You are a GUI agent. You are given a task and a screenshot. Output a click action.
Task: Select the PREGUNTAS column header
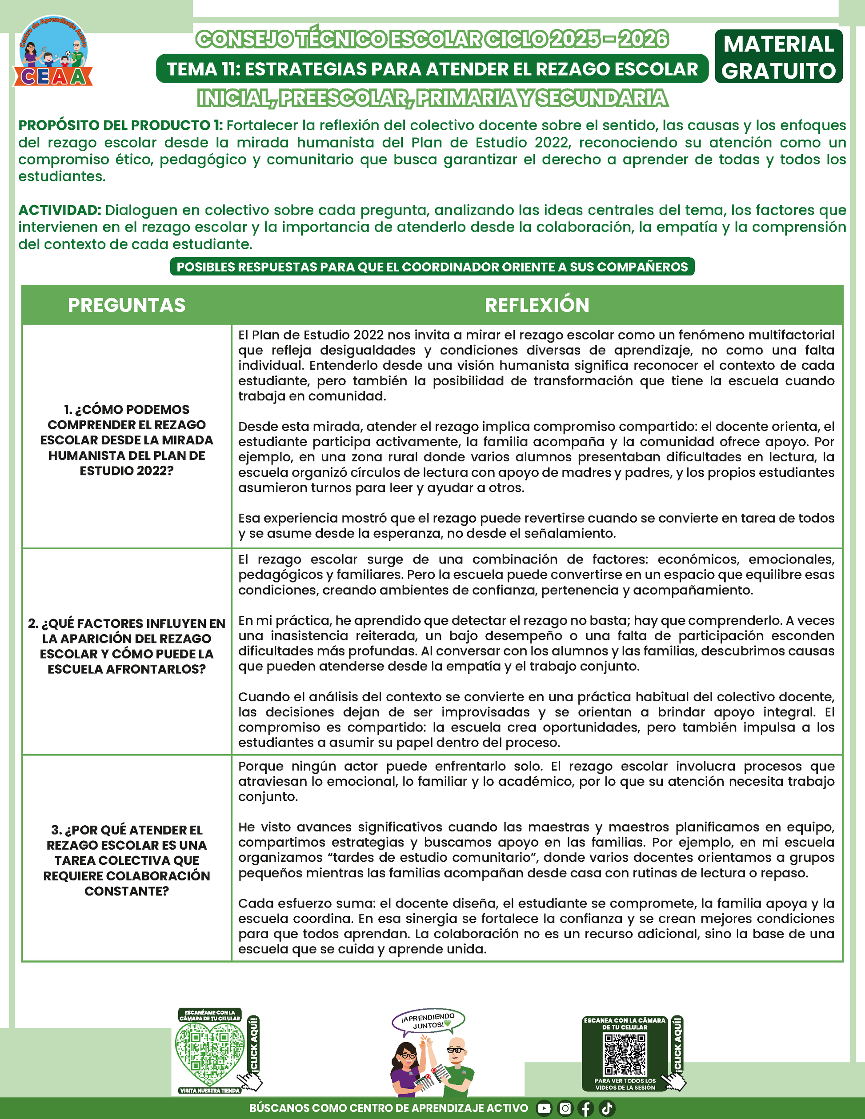click(x=127, y=305)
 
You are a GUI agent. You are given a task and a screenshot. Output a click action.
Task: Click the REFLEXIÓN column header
click(x=537, y=305)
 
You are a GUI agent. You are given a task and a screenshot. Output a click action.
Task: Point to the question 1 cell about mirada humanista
click(x=127, y=440)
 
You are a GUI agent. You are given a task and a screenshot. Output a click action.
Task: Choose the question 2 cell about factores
click(x=127, y=646)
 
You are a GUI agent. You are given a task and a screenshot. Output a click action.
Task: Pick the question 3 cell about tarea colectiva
click(x=127, y=860)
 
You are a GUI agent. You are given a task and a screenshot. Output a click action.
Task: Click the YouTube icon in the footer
click(x=544, y=1108)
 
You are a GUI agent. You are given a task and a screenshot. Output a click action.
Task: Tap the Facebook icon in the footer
click(x=586, y=1108)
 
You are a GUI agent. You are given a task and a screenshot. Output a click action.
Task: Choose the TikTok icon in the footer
click(x=607, y=1108)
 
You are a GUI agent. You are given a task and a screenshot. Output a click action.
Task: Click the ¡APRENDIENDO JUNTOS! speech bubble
click(x=428, y=1021)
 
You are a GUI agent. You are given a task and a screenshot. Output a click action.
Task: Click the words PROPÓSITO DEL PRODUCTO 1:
click(x=120, y=125)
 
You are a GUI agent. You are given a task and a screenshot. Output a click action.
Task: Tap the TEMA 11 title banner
click(x=432, y=68)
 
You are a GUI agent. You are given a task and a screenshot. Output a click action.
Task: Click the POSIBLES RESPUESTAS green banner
click(x=432, y=267)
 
